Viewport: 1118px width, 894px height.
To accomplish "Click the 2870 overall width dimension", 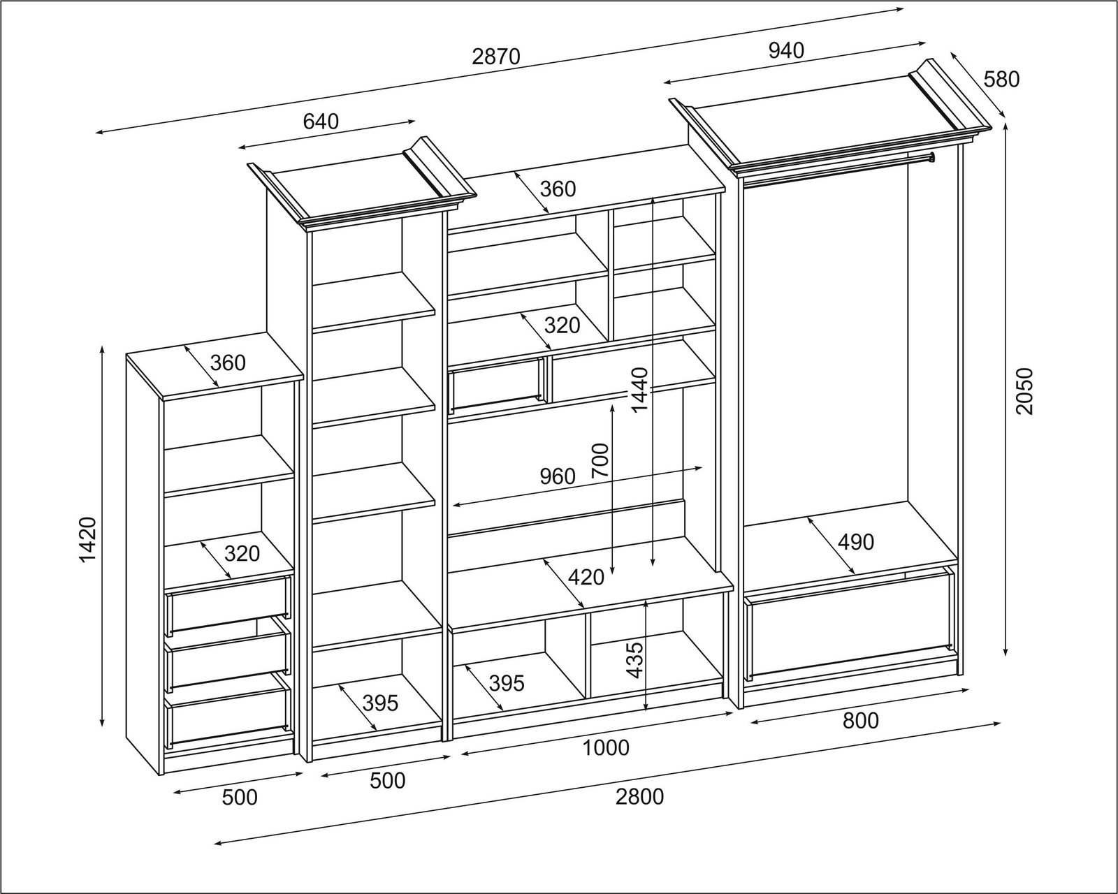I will pos(496,57).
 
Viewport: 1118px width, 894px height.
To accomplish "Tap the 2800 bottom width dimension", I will pos(639,796).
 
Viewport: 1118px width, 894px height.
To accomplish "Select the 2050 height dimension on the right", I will pos(1024,391).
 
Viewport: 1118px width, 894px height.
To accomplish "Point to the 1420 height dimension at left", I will pos(87,539).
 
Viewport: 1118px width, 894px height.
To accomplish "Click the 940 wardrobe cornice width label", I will pos(786,50).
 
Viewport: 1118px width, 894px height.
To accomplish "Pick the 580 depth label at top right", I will pos(1001,79).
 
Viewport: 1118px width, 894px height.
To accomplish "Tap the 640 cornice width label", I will pos(321,122).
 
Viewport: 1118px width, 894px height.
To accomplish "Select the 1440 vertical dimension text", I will pos(640,389).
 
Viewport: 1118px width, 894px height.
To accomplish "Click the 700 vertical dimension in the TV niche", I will pos(601,460).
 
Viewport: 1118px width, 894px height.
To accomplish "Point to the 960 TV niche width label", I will pos(557,476).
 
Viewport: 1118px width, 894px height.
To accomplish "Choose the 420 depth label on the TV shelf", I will pos(586,577).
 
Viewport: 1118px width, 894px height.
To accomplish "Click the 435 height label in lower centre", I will pos(634,659).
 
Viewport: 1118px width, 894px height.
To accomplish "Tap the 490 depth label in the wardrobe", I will pos(855,541).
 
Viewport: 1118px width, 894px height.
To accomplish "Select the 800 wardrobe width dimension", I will pos(860,720).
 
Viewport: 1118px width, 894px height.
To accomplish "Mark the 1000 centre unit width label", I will pos(606,748).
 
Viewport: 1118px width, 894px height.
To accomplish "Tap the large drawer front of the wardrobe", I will pos(849,625).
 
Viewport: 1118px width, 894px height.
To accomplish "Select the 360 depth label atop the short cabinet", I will pos(228,362).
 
